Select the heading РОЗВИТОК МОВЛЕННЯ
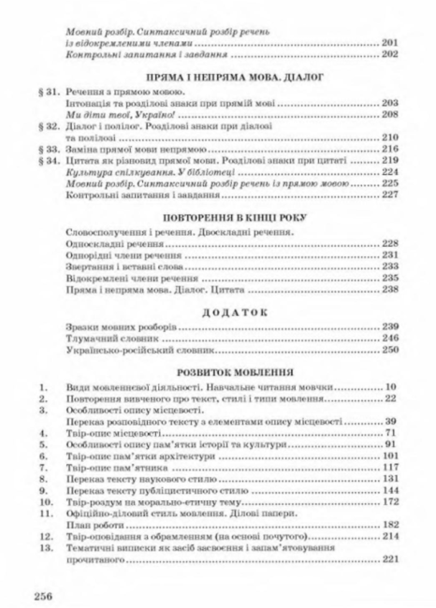click(219, 370)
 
